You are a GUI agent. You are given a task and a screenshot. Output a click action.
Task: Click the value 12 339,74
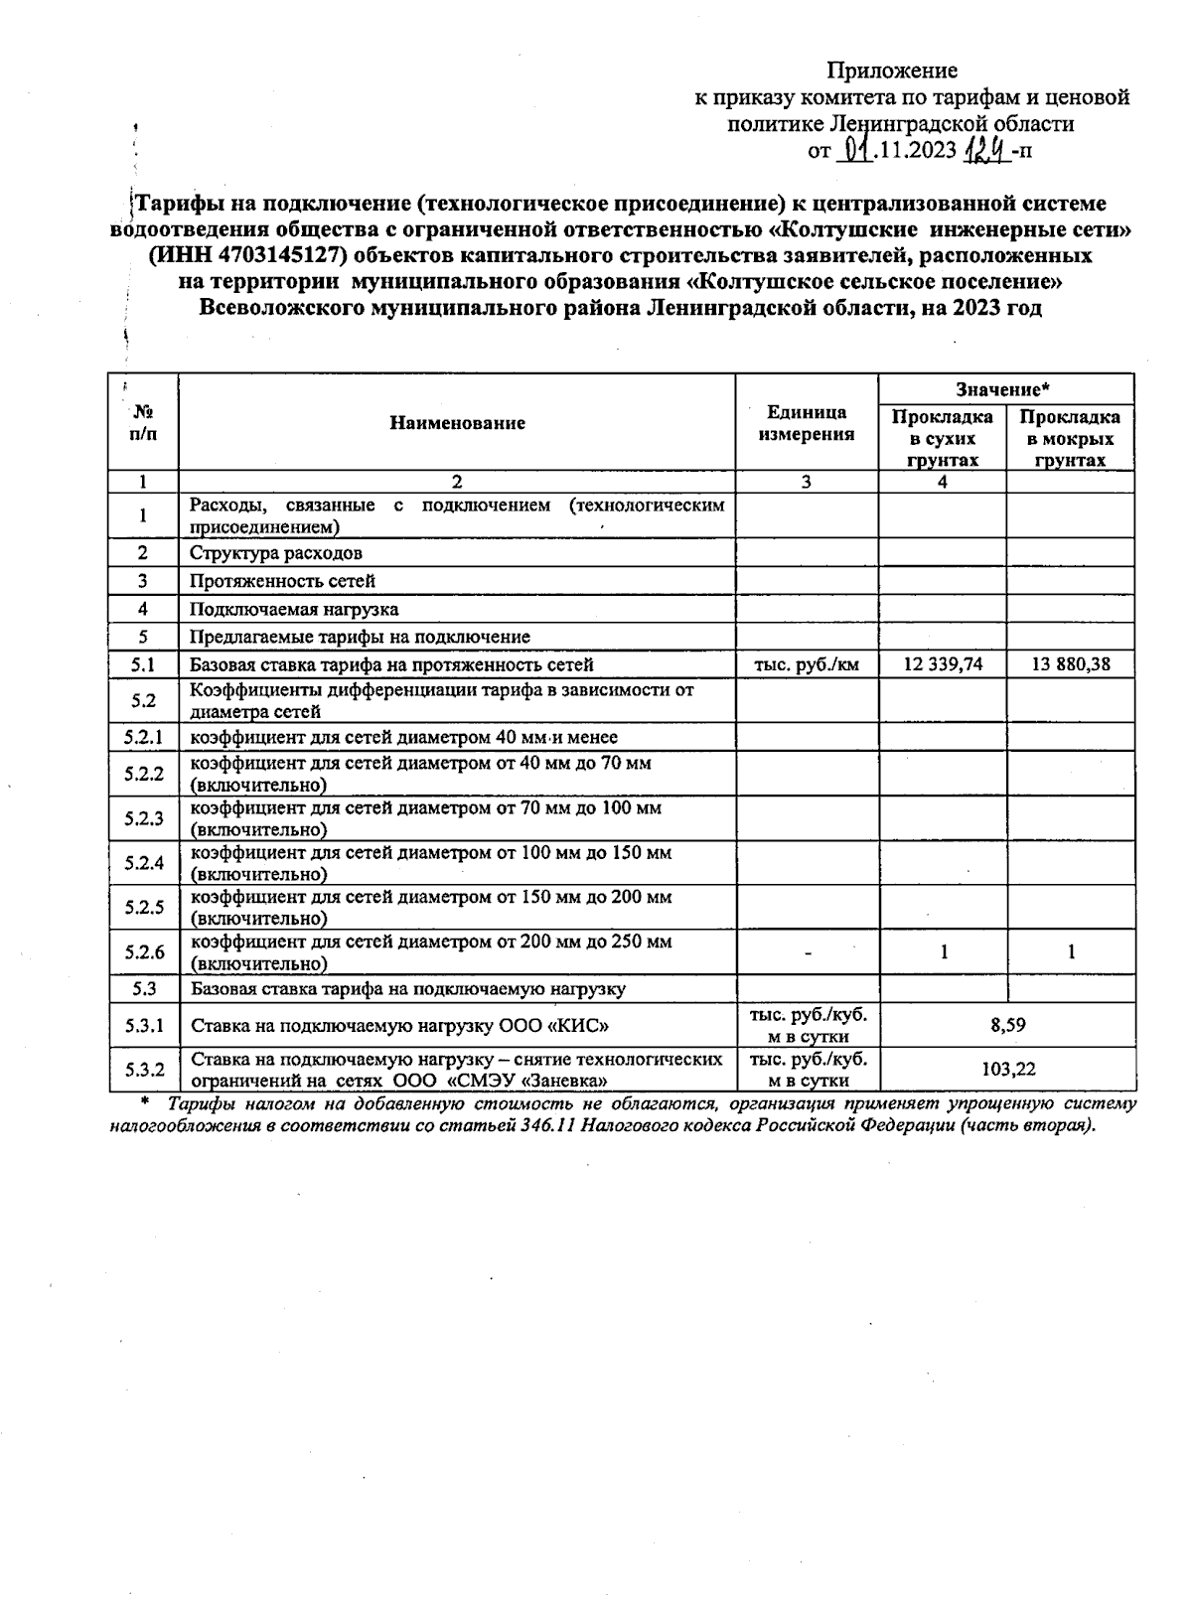pyautogui.click(x=942, y=664)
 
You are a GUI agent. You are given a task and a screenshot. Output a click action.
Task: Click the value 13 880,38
pyautogui.click(x=1070, y=664)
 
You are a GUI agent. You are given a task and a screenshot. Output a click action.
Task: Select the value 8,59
pyautogui.click(x=1006, y=1025)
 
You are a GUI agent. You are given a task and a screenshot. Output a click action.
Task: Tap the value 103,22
pyautogui.click(x=1006, y=1070)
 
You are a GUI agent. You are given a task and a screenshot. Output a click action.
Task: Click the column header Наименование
pyautogui.click(x=457, y=423)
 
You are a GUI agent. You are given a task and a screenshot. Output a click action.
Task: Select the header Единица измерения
pyautogui.click(x=807, y=423)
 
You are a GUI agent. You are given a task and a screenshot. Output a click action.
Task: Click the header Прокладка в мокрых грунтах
pyautogui.click(x=1070, y=438)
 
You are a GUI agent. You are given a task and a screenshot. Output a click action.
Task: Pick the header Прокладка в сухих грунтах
pyautogui.click(x=942, y=438)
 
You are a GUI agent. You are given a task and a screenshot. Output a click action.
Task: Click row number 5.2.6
pyautogui.click(x=144, y=952)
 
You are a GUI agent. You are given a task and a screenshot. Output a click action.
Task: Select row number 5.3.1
pyautogui.click(x=144, y=1025)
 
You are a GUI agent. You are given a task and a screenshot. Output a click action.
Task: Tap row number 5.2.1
pyautogui.click(x=144, y=737)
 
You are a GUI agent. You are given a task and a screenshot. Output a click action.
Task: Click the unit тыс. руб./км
pyautogui.click(x=807, y=664)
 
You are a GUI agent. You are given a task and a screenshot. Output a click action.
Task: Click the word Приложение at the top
pyautogui.click(x=892, y=71)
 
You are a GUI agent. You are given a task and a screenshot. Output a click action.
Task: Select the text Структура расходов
pyautogui.click(x=276, y=553)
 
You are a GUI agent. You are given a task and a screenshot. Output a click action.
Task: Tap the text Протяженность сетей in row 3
pyautogui.click(x=282, y=581)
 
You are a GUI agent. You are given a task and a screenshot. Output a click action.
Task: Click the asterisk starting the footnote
pyautogui.click(x=145, y=1102)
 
